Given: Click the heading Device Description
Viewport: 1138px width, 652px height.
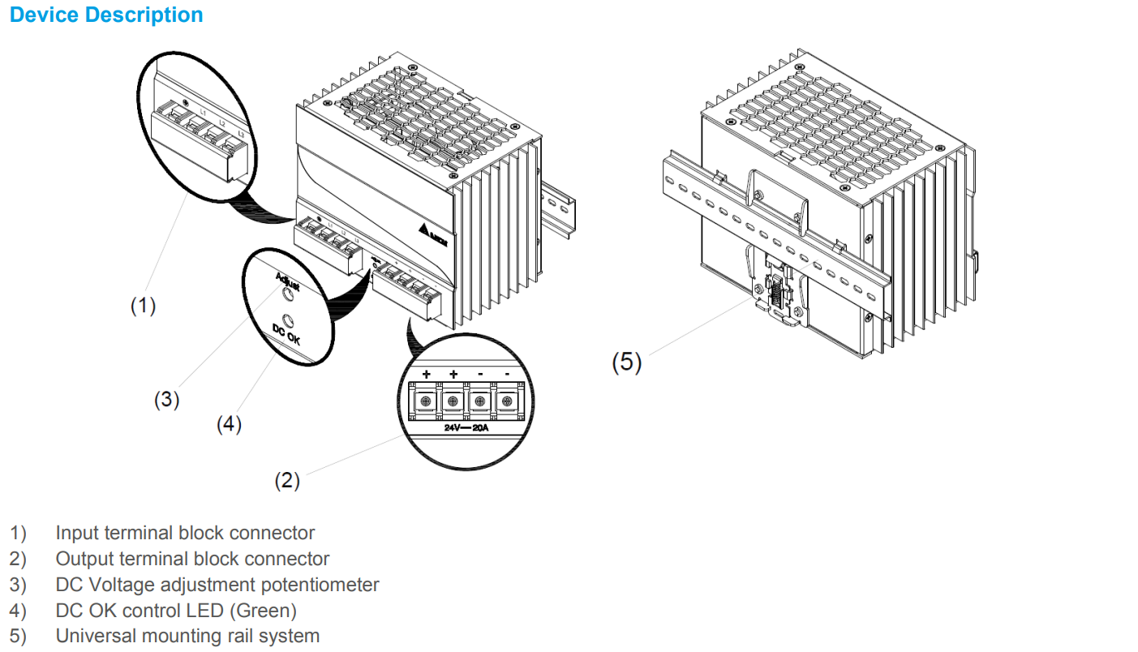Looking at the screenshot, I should click(106, 15).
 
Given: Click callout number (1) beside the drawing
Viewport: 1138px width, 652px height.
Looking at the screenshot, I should click(143, 306).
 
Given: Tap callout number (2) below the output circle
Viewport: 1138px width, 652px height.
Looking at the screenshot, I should click(287, 480).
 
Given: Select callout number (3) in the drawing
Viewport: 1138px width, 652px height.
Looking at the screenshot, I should click(167, 400).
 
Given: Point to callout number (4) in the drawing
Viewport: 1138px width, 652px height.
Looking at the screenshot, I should click(229, 424).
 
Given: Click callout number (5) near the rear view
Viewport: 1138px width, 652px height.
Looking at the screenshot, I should click(626, 362).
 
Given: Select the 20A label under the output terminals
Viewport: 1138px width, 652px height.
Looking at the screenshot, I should click(481, 427).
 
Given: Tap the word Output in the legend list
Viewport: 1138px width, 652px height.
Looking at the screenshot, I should click(84, 559).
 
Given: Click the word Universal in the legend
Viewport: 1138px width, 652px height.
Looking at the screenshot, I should click(92, 636).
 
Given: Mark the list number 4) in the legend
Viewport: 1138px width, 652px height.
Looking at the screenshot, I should click(18, 610).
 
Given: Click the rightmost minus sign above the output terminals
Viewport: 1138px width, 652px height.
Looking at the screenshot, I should click(508, 374).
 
